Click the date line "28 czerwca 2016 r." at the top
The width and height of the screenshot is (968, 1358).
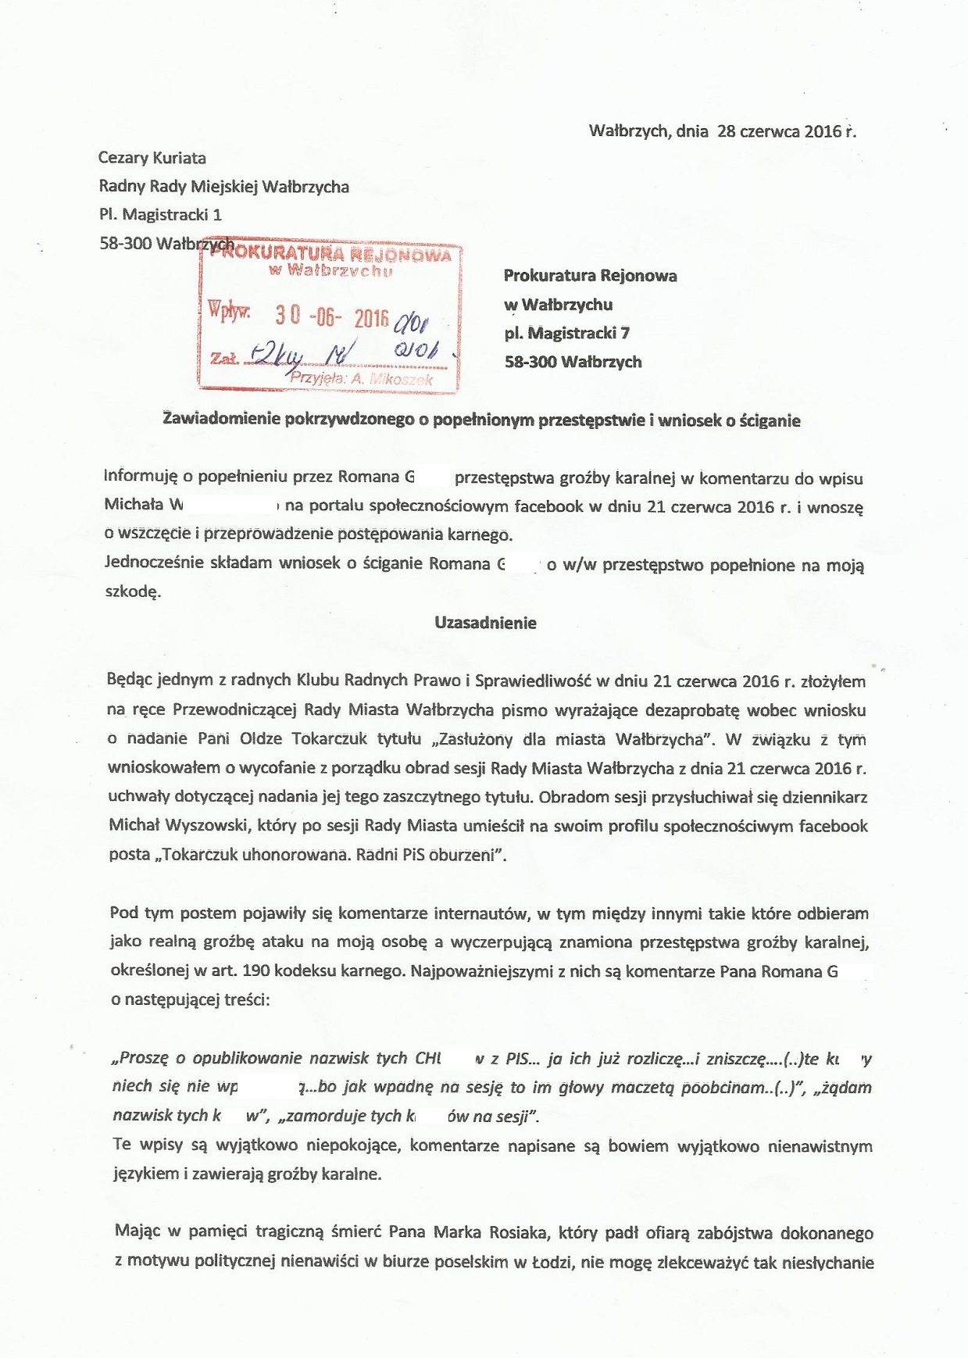tap(786, 131)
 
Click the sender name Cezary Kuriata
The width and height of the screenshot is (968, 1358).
tap(152, 158)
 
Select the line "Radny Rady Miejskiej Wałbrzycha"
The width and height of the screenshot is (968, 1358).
tap(223, 187)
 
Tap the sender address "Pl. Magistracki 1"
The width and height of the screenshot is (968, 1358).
tap(160, 215)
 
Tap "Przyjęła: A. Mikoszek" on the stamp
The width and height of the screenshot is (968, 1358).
tap(361, 379)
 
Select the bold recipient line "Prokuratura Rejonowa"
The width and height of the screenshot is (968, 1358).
tap(590, 276)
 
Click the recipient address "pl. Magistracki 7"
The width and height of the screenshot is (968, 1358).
tap(567, 334)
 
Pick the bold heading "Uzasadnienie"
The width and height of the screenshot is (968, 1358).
tap(485, 624)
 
